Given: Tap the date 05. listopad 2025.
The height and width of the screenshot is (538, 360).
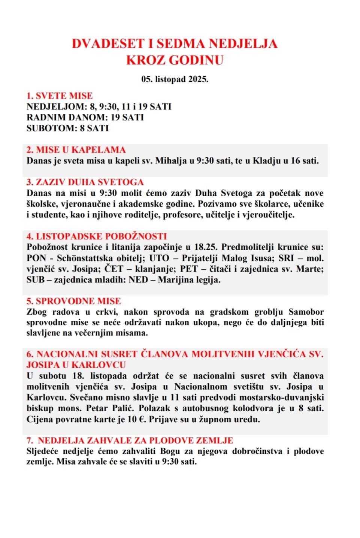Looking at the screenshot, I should coord(175,79).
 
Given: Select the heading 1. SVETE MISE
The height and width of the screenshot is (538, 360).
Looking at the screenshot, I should coord(60,96).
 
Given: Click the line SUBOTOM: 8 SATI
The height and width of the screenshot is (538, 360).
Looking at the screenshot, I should coord(67,128).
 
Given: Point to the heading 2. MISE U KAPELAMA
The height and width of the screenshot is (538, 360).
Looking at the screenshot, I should coord(76,150).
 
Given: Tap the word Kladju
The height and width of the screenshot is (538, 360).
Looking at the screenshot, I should coord(266,161).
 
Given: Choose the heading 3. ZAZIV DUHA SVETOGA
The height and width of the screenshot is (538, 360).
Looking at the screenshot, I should coord(85,182).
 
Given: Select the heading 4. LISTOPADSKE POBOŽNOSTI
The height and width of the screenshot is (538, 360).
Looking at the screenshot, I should coord(96,236).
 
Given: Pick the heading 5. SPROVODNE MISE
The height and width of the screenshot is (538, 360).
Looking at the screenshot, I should coord(73,301).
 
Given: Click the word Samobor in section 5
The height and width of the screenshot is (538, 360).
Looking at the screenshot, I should coord(306,312).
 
